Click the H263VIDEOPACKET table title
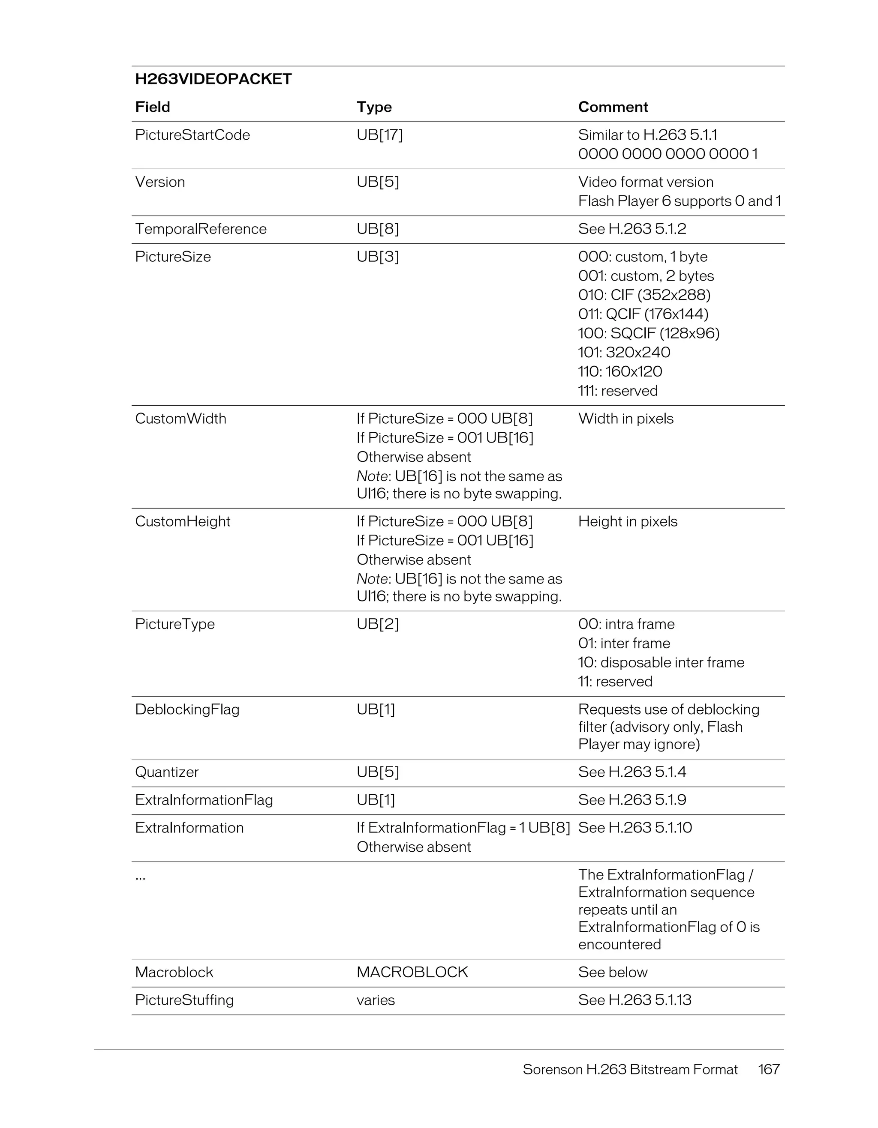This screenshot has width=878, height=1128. click(x=213, y=79)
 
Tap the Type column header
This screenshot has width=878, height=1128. click(x=374, y=107)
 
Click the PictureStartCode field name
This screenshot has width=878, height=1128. click(x=192, y=135)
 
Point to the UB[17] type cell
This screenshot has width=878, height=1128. click(x=379, y=135)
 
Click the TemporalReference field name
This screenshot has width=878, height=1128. click(x=201, y=229)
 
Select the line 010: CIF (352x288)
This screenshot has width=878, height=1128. click(x=644, y=295)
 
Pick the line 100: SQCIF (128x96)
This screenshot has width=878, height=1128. click(x=649, y=333)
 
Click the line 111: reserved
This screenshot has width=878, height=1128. click(x=617, y=391)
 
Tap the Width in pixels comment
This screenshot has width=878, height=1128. click(x=625, y=419)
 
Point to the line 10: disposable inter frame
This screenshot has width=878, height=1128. click(x=661, y=662)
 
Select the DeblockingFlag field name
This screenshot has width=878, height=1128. click(x=187, y=709)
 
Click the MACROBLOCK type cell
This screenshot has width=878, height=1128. click(x=412, y=972)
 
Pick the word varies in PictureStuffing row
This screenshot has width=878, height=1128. click(x=375, y=1000)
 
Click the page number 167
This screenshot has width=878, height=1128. click(x=768, y=1069)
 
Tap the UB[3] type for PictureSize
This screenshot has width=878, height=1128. click(x=377, y=257)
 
